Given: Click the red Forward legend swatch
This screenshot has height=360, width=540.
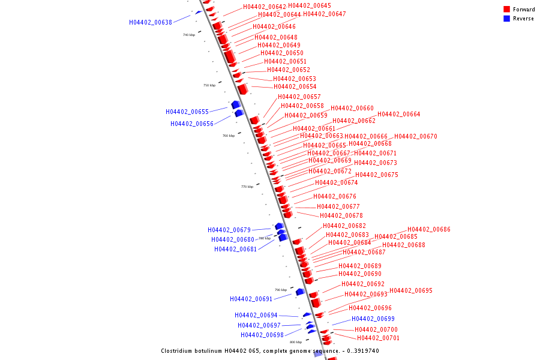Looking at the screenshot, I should [x=507, y=10].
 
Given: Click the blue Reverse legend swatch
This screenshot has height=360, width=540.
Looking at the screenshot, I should [x=507, y=19].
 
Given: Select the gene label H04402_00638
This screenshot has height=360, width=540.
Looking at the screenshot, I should [x=151, y=23].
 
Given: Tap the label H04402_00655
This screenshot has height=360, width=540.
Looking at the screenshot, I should [x=187, y=112].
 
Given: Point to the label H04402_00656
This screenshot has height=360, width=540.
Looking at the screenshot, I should [x=192, y=124].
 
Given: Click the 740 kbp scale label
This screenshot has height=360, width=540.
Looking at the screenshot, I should [x=189, y=35].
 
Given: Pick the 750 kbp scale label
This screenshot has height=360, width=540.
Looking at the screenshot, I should [x=209, y=85].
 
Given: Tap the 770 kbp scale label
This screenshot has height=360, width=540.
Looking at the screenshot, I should [x=247, y=187].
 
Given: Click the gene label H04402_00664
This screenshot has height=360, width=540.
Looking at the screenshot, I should [x=399, y=115].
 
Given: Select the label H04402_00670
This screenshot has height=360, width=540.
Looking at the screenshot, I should [x=416, y=137].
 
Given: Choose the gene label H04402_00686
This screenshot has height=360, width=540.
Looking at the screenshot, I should [x=429, y=230].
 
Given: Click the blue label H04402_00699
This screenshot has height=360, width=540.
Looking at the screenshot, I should [x=373, y=319].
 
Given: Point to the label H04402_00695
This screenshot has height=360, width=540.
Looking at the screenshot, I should [x=411, y=291].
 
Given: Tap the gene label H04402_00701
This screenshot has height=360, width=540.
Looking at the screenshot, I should [x=379, y=338].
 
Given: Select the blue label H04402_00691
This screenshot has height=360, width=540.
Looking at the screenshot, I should [x=251, y=299].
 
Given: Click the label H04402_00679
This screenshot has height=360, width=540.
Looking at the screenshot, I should [x=229, y=230].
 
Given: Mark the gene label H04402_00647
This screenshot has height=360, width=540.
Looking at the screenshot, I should [x=325, y=14].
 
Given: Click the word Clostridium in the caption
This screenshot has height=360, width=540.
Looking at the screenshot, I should [x=179, y=351].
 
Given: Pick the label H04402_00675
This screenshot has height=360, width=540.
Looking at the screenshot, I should [x=377, y=175].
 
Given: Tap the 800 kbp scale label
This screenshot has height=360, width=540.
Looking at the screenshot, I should [x=296, y=342].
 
